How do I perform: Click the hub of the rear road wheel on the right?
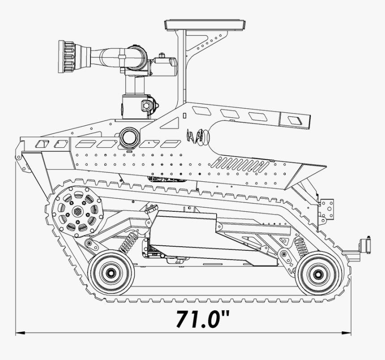[317, 273]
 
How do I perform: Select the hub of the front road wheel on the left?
[110, 272]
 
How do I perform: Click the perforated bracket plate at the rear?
[326, 210]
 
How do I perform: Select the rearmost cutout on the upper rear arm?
[295, 120]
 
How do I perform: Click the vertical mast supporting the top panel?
[181, 67]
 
